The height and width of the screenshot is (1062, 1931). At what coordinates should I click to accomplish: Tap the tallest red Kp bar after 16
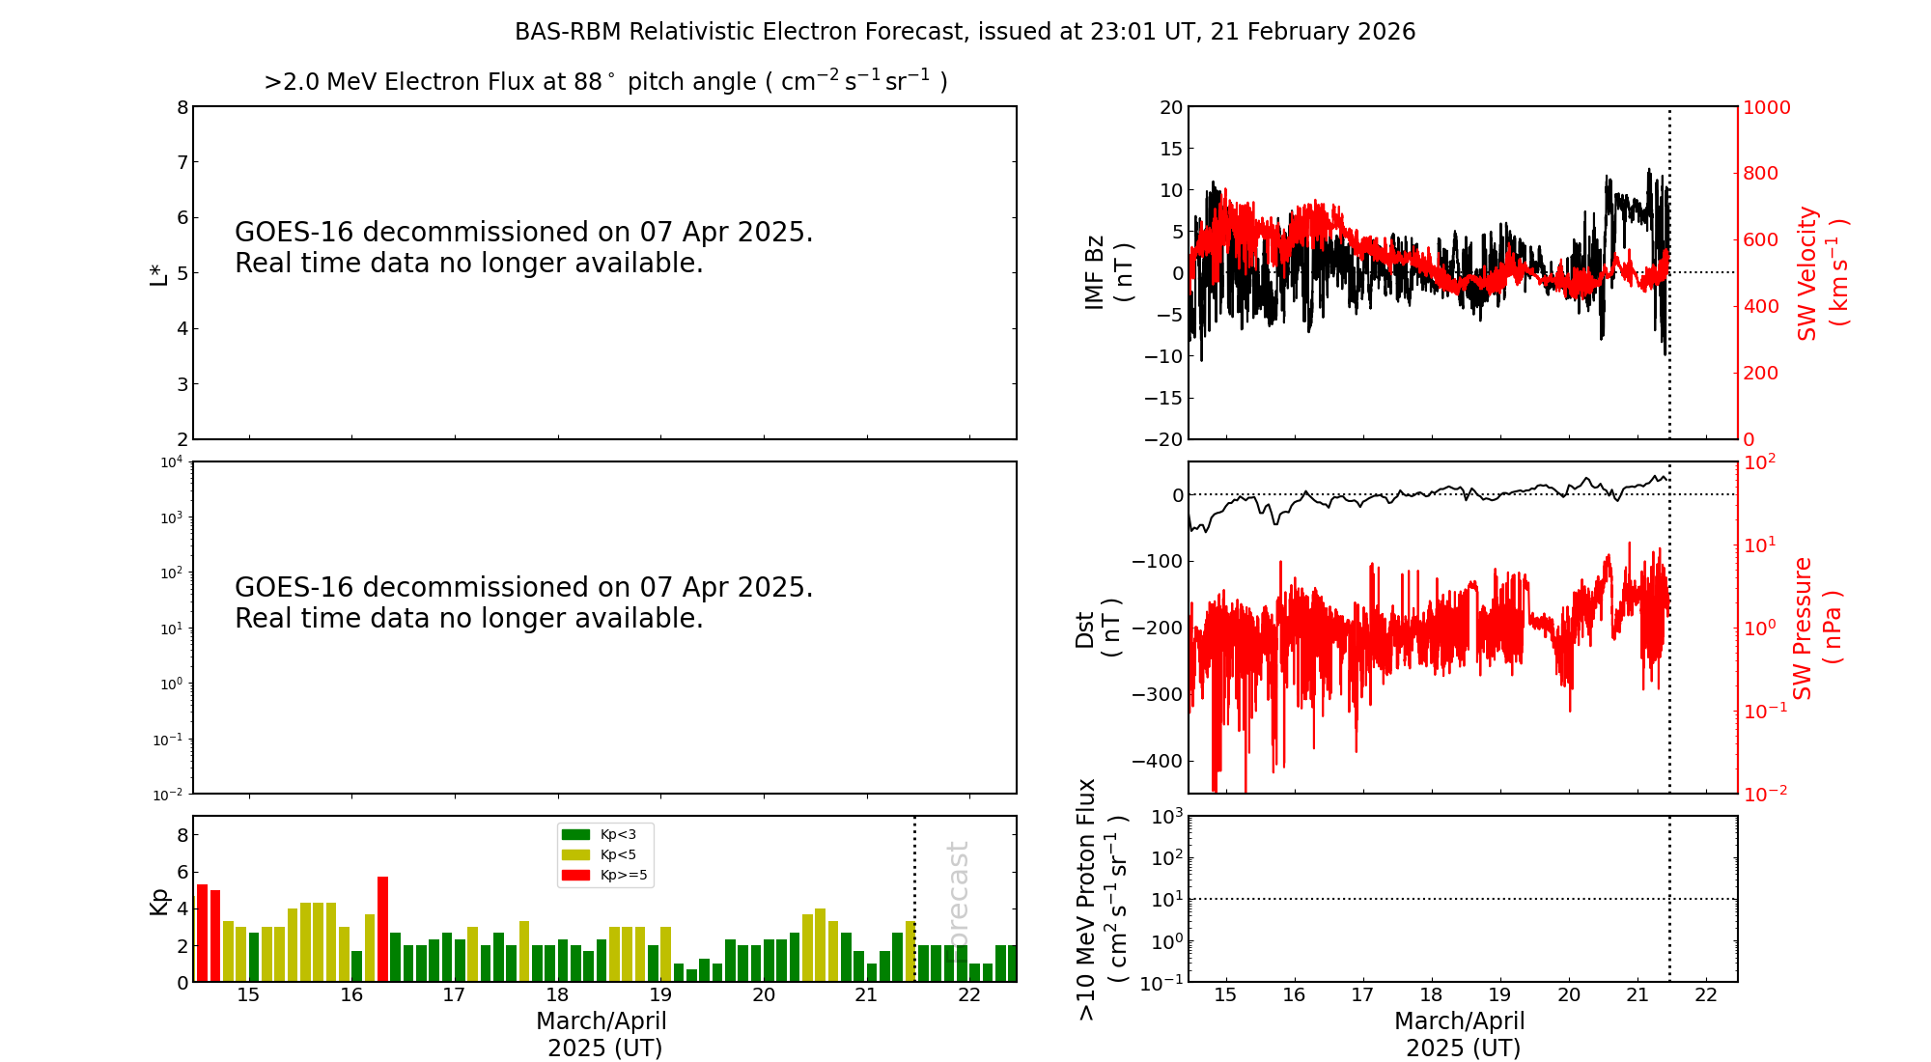coord(382,929)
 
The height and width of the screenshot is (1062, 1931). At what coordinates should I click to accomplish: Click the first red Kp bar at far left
coord(202,933)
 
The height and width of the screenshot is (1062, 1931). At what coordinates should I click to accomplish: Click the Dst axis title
coord(1098,628)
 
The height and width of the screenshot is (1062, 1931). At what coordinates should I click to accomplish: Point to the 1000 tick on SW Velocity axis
coord(1766,107)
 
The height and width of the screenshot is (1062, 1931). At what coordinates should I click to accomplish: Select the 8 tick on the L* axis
coord(182,107)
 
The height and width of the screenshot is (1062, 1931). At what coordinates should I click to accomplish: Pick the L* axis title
coord(158,273)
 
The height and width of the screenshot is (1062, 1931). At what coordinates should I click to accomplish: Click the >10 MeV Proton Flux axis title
coord(1102,899)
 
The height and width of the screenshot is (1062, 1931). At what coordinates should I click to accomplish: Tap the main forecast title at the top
coord(965,32)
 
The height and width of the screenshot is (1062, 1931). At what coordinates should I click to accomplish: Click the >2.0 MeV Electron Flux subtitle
coord(605,81)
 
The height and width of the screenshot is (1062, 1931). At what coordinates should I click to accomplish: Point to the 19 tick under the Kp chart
coord(660,995)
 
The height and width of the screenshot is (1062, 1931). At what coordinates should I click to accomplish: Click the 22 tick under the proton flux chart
coord(1706,995)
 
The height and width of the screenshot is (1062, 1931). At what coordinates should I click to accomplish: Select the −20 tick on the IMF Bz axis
coord(1163,439)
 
